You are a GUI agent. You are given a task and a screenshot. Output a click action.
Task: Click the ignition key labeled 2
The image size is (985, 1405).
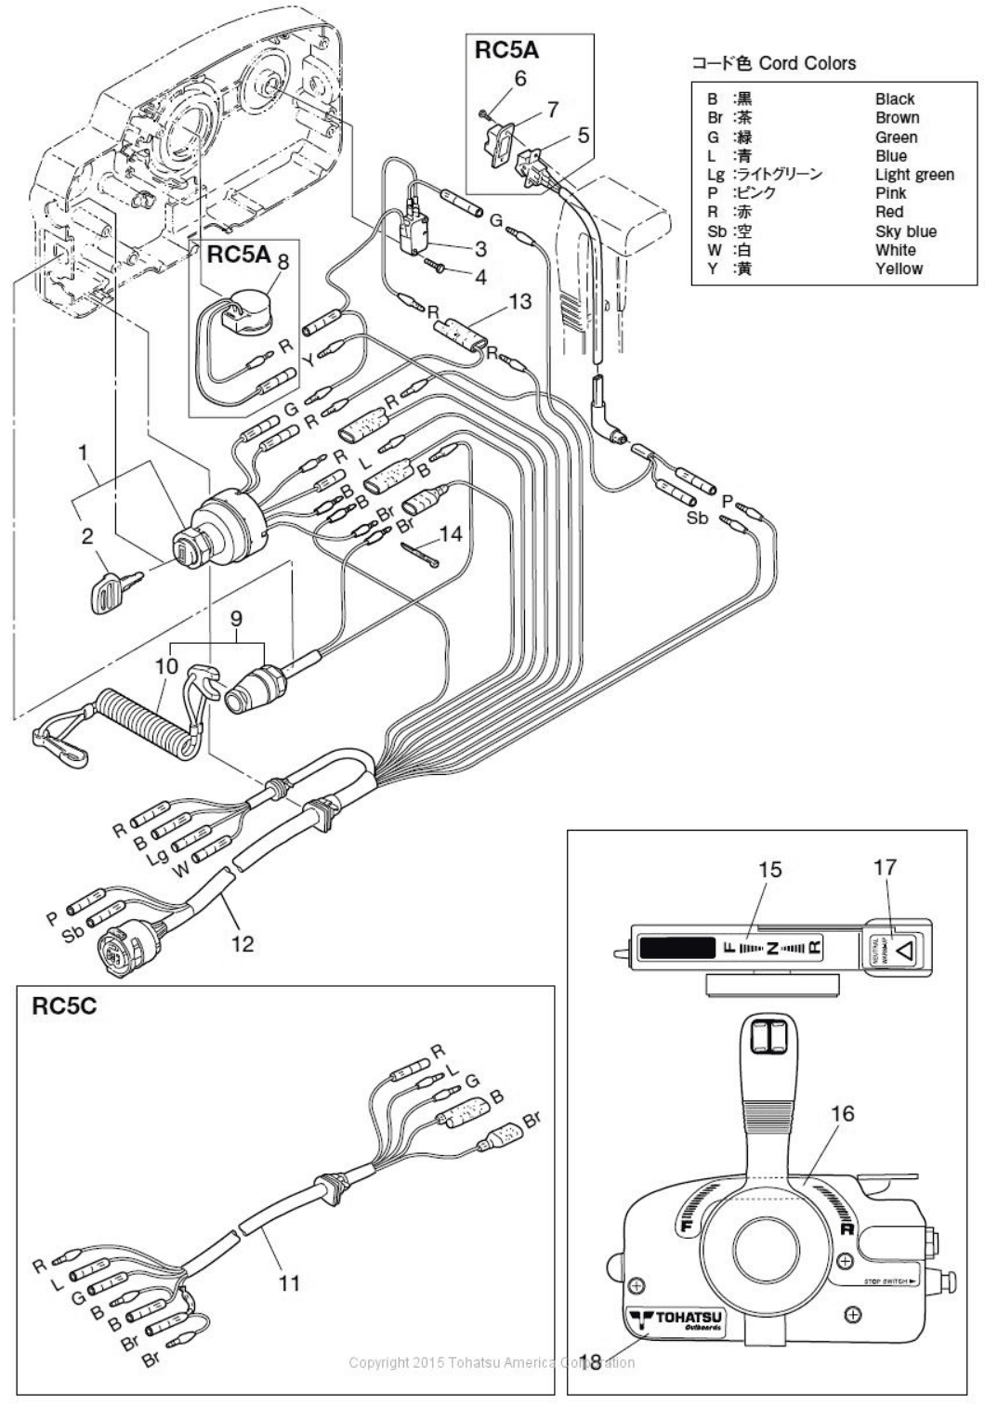[112, 588]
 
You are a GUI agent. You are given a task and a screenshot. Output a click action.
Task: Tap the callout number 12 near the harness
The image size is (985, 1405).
[241, 943]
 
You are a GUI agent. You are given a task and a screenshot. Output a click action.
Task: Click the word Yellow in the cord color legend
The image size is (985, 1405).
[898, 269]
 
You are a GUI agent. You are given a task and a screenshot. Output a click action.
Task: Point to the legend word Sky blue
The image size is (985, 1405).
[905, 231]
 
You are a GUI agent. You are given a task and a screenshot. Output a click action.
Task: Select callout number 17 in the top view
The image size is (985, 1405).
[885, 867]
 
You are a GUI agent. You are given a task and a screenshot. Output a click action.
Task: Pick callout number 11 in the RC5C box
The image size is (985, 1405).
[289, 1283]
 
